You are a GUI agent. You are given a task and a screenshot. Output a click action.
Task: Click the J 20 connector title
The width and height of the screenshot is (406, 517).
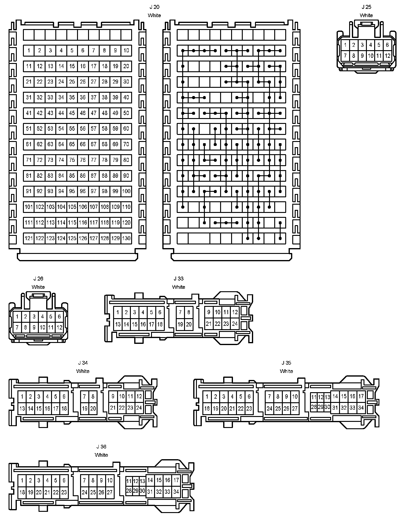[x=154, y=7]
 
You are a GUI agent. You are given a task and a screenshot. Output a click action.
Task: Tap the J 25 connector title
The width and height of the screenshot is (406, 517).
[x=366, y=7]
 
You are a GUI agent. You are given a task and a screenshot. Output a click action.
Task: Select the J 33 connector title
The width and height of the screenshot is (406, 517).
[x=179, y=279]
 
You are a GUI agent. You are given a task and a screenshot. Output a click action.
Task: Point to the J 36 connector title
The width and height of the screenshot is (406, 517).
[x=101, y=447]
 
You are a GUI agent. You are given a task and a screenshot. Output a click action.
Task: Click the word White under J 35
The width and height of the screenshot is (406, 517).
[x=286, y=371]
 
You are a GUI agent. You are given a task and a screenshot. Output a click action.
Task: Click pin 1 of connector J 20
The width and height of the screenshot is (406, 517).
[x=29, y=50]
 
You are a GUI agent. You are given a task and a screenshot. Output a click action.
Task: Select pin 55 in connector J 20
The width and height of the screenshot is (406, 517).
[x=72, y=129]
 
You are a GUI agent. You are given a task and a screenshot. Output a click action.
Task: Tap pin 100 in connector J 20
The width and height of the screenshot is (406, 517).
[x=126, y=191]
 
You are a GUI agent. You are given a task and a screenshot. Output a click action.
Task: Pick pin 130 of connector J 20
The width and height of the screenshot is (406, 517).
[x=126, y=238]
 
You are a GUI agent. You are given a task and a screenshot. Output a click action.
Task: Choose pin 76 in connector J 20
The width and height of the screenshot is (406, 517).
[x=83, y=160]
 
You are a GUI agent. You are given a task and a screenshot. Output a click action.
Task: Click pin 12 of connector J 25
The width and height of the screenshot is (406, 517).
[x=387, y=56]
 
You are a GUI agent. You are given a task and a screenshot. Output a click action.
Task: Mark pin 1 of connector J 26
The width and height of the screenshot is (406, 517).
[x=17, y=317]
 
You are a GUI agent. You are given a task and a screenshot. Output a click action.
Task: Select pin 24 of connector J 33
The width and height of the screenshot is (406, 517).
[x=234, y=324]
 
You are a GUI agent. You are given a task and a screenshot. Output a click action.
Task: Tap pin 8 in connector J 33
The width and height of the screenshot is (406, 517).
[x=189, y=312]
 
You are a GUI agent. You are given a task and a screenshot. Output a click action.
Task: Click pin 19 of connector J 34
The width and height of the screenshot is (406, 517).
[x=85, y=408]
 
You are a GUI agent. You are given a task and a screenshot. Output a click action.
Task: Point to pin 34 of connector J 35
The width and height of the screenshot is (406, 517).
[x=361, y=408]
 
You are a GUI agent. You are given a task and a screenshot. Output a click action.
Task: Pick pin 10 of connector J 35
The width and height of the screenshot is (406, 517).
[x=295, y=397]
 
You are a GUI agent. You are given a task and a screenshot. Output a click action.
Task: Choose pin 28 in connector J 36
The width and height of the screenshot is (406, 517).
[x=129, y=491]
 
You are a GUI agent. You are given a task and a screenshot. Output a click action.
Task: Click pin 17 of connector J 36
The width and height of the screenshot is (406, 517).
[x=176, y=480]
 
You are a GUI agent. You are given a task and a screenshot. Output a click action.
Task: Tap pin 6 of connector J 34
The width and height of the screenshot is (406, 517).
[x=64, y=397]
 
